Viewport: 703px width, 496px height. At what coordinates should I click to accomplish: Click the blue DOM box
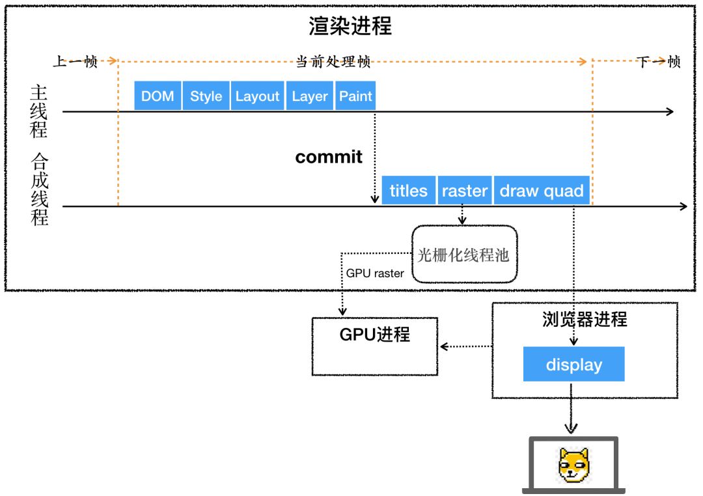pyautogui.click(x=158, y=96)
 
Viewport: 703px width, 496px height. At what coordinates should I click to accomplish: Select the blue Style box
pyautogui.click(x=206, y=96)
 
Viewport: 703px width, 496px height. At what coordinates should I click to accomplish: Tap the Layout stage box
pyautogui.click(x=257, y=96)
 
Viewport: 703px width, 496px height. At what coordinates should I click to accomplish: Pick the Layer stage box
pyautogui.click(x=310, y=96)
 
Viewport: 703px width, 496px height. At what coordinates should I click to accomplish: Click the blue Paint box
pyautogui.click(x=355, y=96)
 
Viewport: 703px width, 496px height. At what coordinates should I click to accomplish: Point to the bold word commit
pyautogui.click(x=329, y=158)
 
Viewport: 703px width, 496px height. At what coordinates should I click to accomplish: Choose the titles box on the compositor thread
pyautogui.click(x=408, y=191)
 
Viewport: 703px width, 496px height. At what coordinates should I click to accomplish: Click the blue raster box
pyautogui.click(x=464, y=191)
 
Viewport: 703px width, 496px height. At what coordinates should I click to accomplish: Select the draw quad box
pyautogui.click(x=542, y=191)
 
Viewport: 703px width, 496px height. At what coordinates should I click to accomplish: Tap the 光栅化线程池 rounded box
pyautogui.click(x=464, y=255)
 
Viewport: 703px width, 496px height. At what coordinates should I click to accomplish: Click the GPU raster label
pyautogui.click(x=374, y=273)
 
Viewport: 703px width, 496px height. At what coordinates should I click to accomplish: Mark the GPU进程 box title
pyautogui.click(x=375, y=335)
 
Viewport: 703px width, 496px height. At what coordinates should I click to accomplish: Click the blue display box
pyautogui.click(x=573, y=365)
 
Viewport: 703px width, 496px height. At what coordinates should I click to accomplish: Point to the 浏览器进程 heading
pyautogui.click(x=584, y=320)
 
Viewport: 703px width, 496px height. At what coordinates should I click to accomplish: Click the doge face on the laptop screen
pyautogui.click(x=573, y=465)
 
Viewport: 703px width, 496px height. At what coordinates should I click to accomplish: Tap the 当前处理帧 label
pyautogui.click(x=333, y=62)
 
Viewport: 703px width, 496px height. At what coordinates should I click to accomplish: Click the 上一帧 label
pyautogui.click(x=75, y=62)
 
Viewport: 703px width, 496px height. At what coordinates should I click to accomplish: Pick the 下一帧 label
pyautogui.click(x=658, y=62)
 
